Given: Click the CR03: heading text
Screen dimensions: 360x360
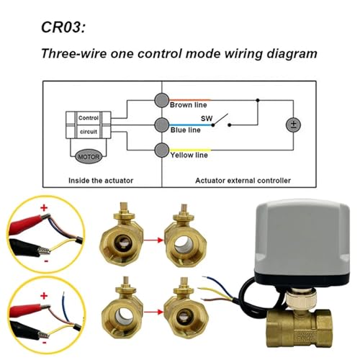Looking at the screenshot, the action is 63,27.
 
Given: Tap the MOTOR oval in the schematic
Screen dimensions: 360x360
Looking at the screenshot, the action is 89,157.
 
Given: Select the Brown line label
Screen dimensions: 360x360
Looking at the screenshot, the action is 189,105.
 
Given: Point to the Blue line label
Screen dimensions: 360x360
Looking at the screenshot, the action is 186,130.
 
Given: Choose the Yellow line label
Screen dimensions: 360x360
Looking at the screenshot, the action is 189,155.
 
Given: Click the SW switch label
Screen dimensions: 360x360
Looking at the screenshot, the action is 207,118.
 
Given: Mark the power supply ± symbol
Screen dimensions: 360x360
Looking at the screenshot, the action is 293,125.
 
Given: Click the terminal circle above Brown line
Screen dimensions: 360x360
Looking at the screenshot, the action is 161,100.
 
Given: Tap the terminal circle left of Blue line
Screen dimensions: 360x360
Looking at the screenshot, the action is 161,125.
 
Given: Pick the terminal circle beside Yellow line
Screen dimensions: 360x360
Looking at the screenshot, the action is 161,150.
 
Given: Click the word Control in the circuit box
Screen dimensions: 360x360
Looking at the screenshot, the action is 89,118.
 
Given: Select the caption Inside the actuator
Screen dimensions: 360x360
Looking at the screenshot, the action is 101,181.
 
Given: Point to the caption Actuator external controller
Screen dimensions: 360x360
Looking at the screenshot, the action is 243,181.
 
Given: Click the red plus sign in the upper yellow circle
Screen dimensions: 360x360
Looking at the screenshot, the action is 44,207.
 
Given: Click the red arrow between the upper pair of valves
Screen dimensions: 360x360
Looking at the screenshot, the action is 153,240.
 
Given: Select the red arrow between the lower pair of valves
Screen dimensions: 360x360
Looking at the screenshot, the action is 153,312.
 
